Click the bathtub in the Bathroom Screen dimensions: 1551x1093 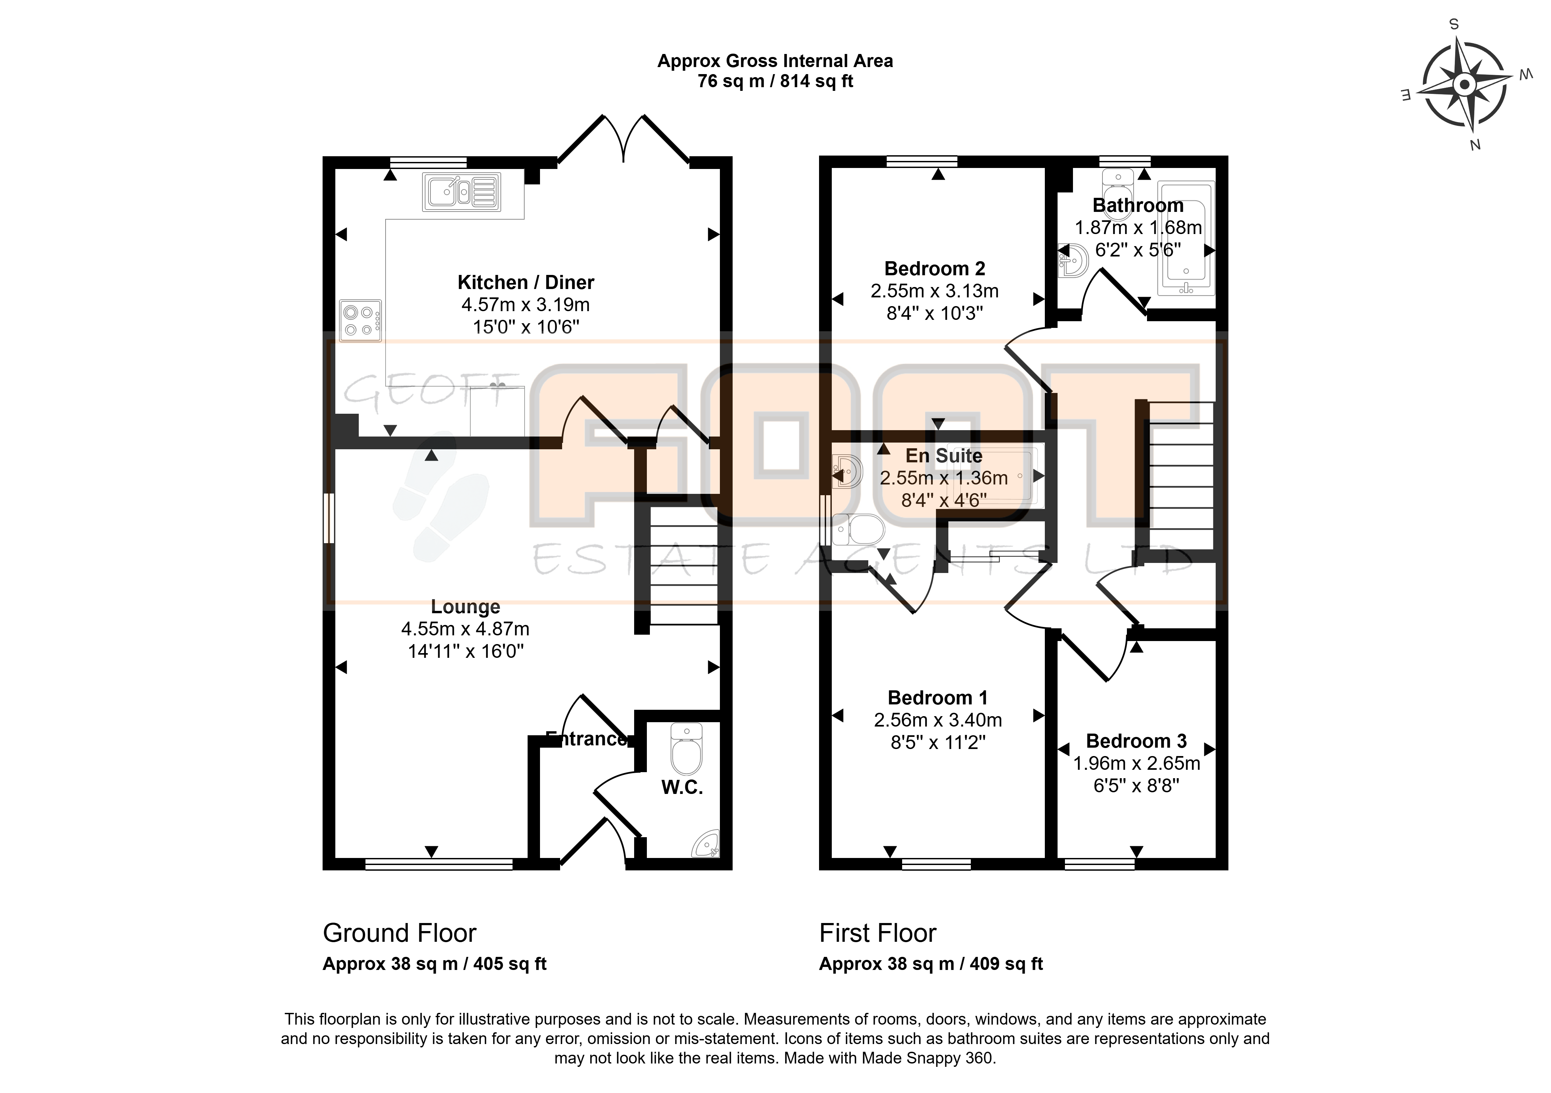click(x=1186, y=239)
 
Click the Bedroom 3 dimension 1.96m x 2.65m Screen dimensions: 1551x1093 click(x=1137, y=763)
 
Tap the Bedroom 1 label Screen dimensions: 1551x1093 click(x=938, y=698)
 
